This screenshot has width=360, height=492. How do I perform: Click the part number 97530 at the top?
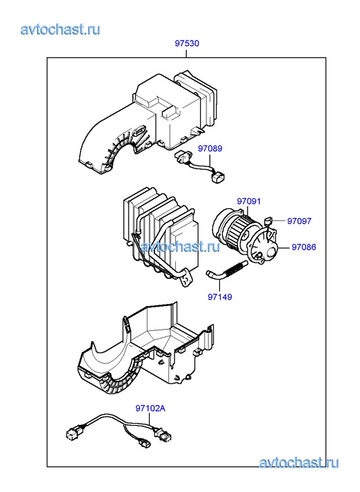tap(187, 43)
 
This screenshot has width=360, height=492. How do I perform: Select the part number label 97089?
tap(210, 148)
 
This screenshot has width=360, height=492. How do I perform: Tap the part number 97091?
tap(249, 201)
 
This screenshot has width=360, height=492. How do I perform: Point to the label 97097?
tap(299, 221)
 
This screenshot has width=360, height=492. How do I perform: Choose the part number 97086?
tap(304, 247)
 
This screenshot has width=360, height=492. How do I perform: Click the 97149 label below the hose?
tap(220, 296)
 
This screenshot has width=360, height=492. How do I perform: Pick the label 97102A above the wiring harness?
tap(150, 408)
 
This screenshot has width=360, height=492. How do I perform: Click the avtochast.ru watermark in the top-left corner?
tap(61, 30)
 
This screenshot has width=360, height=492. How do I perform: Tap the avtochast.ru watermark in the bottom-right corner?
tap(298, 462)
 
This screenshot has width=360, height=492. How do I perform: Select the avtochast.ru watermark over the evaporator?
tap(180, 246)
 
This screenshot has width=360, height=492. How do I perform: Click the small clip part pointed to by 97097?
tap(268, 221)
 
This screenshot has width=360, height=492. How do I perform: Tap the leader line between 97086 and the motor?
tap(284, 248)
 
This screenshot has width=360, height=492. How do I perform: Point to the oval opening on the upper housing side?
tap(139, 131)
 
